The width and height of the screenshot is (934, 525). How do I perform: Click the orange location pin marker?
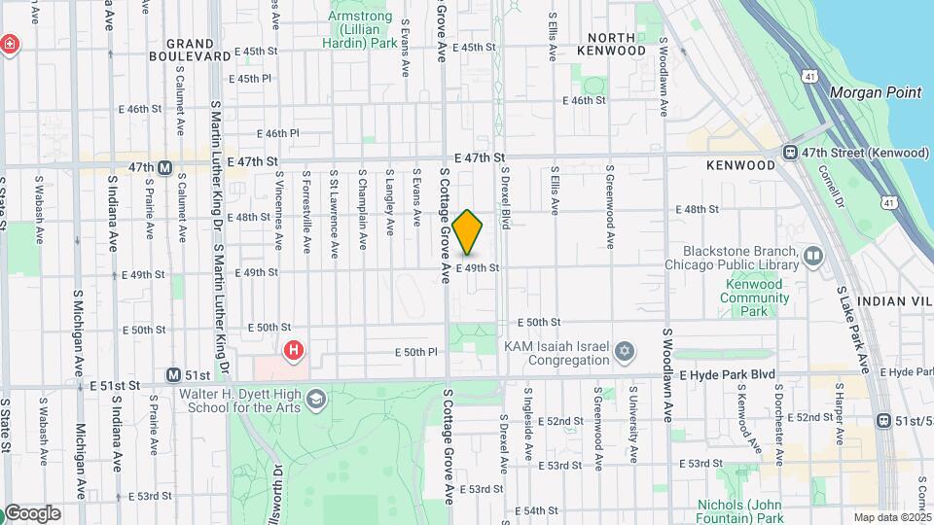468,232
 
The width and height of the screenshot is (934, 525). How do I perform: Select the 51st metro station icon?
173,374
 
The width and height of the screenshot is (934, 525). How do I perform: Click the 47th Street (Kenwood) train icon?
791,153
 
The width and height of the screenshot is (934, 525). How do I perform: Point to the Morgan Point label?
875,92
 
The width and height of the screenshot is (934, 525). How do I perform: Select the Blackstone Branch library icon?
813,255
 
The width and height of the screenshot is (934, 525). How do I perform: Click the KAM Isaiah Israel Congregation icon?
624,350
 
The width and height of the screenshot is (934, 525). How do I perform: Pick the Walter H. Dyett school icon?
316,400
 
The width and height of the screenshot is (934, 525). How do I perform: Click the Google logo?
31,512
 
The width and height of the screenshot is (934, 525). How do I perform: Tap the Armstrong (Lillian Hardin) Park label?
359,30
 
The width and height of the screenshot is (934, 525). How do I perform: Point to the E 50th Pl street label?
417,351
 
